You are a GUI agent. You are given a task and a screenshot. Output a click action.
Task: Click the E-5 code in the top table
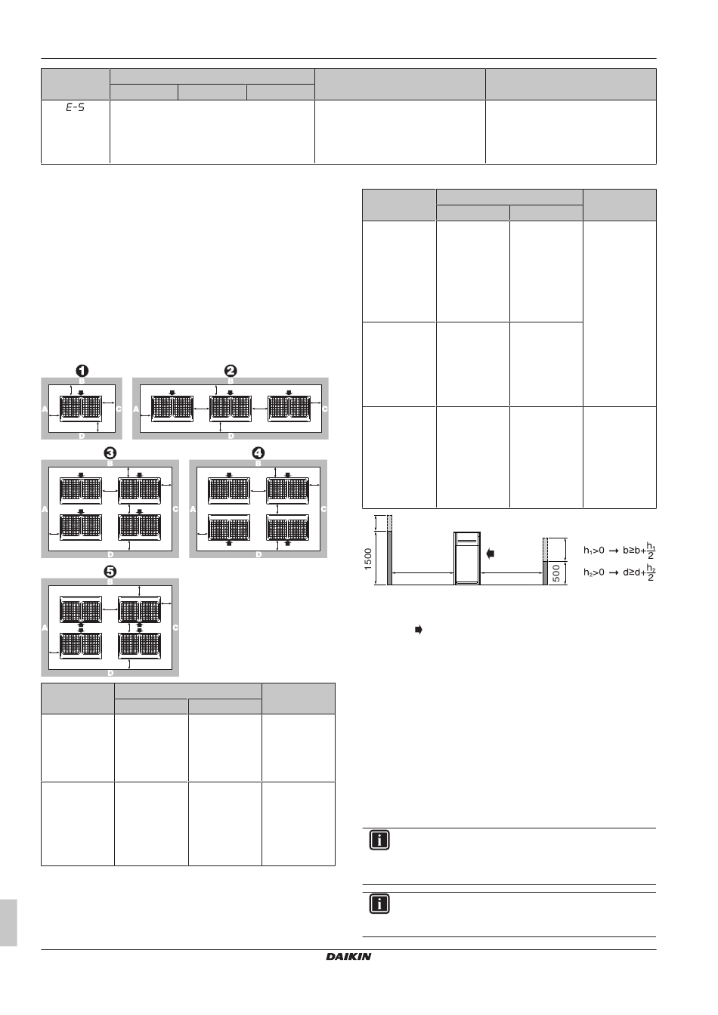(76, 107)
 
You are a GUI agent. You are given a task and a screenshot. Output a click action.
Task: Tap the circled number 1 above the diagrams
(82, 371)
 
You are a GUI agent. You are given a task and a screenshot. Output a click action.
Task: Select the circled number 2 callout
(231, 371)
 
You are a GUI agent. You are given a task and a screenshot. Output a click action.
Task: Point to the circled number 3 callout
(110, 453)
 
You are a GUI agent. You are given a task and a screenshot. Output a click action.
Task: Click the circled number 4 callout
(258, 453)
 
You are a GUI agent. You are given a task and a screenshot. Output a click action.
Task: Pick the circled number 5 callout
(110, 572)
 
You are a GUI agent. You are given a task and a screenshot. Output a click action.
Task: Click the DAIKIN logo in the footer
(348, 957)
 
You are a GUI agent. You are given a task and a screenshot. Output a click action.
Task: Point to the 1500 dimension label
(368, 559)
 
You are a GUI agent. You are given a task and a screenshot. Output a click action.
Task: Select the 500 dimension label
(556, 574)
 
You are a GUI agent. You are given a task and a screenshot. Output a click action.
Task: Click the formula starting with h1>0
(620, 551)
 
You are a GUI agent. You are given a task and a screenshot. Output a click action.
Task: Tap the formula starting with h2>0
(620, 572)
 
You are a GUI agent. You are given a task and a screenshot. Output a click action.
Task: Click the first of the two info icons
(379, 840)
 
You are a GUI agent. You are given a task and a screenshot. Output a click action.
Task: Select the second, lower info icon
(379, 904)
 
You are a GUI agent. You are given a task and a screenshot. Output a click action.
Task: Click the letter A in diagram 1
(45, 409)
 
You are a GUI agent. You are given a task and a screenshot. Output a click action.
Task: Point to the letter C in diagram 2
(325, 409)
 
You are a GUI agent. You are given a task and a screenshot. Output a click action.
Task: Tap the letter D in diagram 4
(258, 554)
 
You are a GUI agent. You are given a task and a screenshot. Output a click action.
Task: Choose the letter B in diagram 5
(110, 582)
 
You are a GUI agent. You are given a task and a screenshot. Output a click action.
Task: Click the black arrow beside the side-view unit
(490, 554)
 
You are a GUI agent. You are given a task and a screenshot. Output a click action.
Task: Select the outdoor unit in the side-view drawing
(467, 558)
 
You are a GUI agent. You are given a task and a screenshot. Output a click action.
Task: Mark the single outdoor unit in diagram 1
(81, 409)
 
